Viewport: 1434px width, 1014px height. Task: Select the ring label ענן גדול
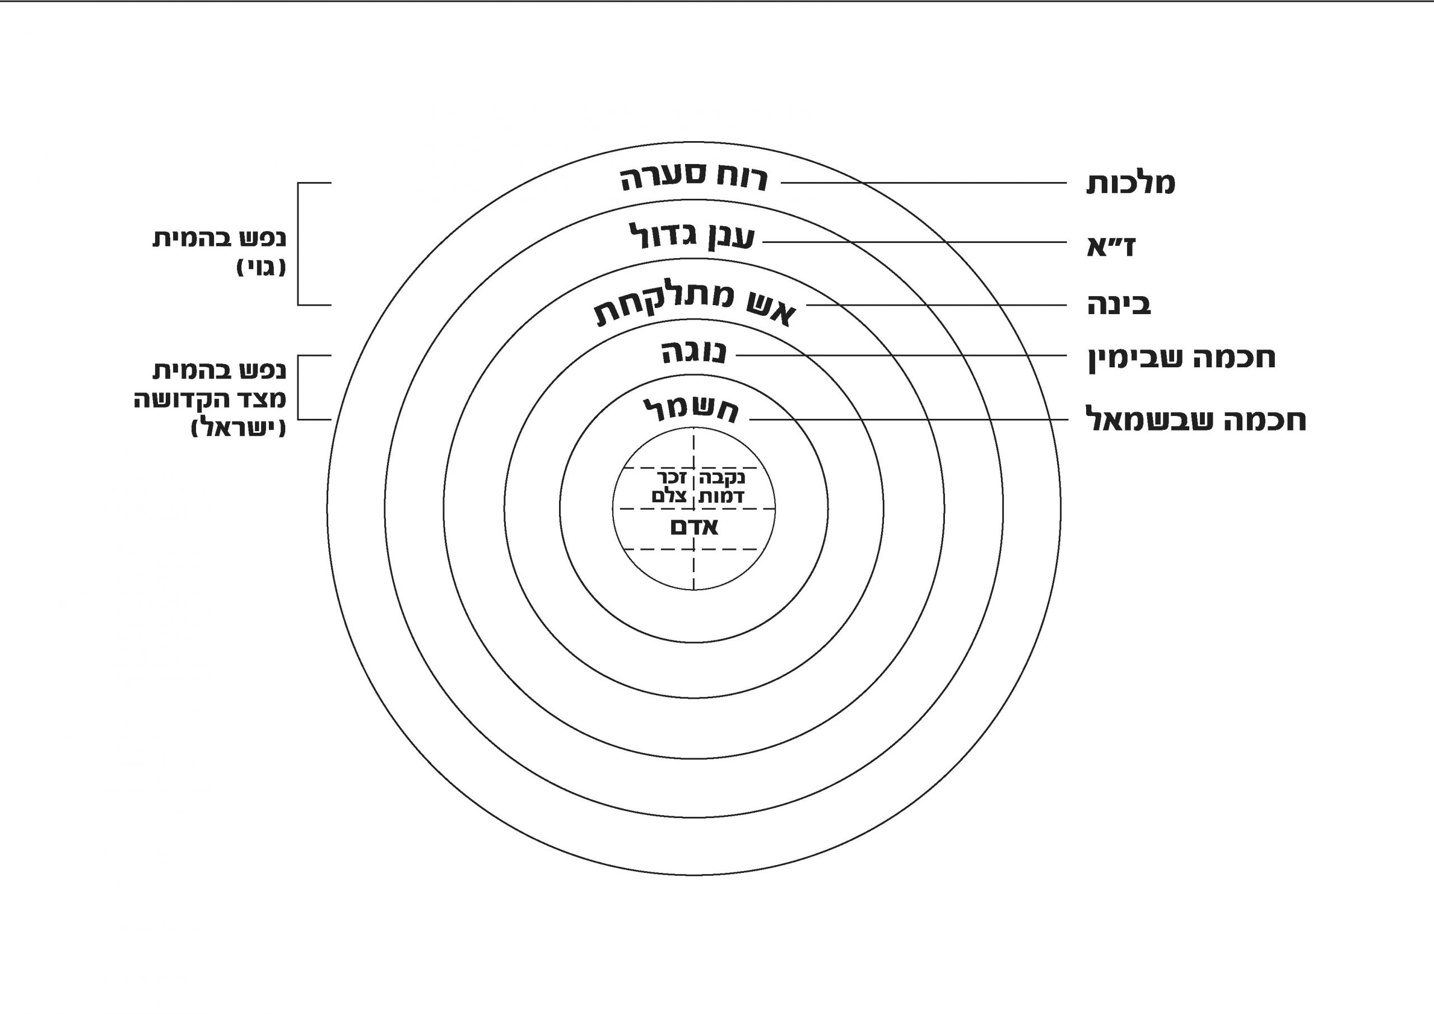click(x=692, y=236)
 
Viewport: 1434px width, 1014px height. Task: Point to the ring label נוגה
click(x=694, y=353)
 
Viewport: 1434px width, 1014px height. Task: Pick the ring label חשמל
click(x=691, y=410)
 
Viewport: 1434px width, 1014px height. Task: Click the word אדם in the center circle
click(x=694, y=527)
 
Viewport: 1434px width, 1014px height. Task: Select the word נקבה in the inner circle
click(x=723, y=479)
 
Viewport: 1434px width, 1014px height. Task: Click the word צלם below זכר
click(x=669, y=497)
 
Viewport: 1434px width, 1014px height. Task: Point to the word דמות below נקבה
click(x=721, y=497)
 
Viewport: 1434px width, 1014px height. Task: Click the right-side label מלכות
click(x=1130, y=184)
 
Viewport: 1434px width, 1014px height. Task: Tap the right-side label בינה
click(x=1119, y=305)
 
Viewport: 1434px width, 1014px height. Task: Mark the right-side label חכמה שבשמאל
click(x=1196, y=419)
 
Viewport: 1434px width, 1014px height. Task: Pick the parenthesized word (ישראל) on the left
click(x=239, y=428)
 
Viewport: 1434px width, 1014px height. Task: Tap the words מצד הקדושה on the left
click(x=211, y=400)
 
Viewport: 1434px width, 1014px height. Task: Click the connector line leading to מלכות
click(x=924, y=183)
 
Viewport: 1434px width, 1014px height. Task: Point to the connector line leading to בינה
click(x=937, y=305)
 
